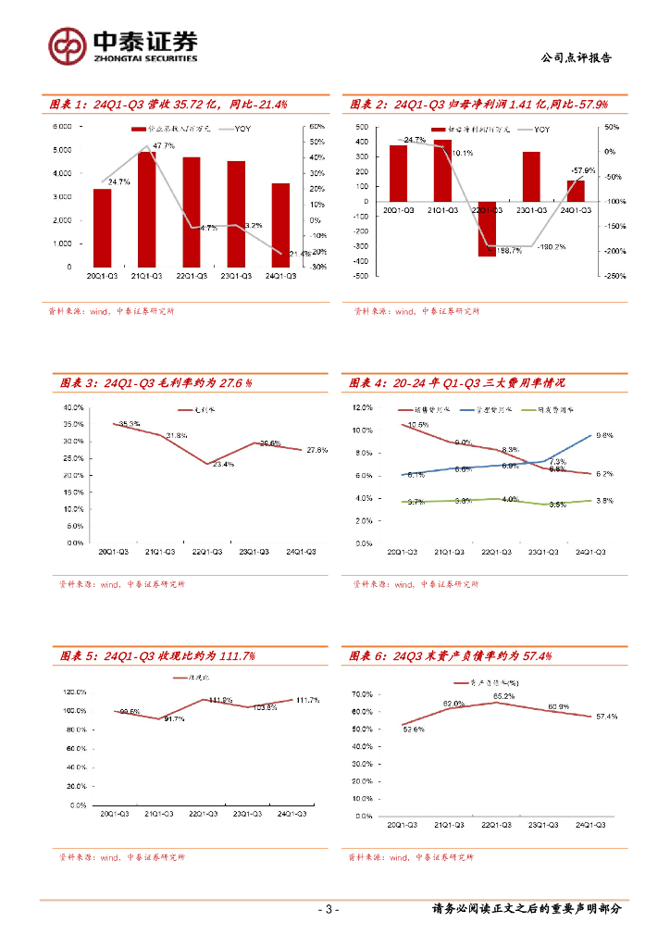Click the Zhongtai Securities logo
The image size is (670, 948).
123,44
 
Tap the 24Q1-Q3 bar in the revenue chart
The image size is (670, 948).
280,225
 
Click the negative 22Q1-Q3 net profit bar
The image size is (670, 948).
487,228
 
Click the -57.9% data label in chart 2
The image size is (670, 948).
583,170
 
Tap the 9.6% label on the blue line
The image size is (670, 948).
605,435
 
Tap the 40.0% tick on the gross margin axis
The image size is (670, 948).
73,407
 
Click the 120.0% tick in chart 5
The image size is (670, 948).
75,692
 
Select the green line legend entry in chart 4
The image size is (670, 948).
549,408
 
